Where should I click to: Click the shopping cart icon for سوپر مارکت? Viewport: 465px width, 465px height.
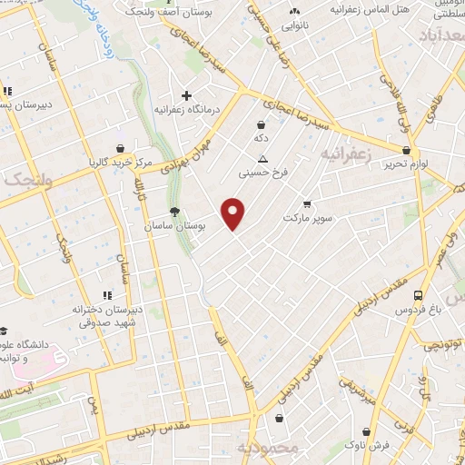(x=307, y=203)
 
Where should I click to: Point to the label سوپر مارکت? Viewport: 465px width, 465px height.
(x=309, y=218)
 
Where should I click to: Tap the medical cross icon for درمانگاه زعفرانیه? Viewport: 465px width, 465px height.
(x=186, y=95)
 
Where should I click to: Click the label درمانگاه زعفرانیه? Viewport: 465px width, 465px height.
(x=187, y=109)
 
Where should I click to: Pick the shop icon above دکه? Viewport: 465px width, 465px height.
(x=262, y=124)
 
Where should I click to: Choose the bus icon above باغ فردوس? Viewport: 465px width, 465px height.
(x=418, y=295)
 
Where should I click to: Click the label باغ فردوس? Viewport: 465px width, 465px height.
(x=417, y=310)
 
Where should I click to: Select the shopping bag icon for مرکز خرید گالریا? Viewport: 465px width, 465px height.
(x=120, y=149)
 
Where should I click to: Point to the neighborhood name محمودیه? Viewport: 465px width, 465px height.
(x=267, y=450)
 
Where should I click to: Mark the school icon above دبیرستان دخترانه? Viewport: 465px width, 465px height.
(x=107, y=295)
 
